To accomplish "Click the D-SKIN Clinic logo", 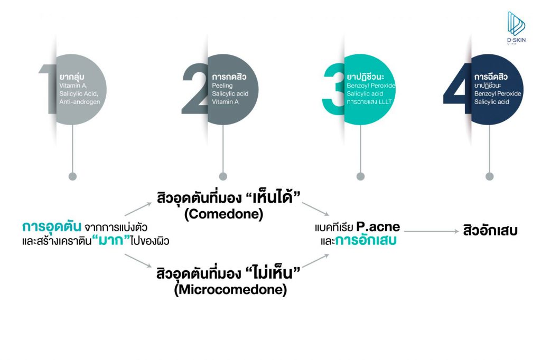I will click(516, 29).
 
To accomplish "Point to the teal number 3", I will click(334, 90).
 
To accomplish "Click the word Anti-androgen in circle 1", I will click(80, 101).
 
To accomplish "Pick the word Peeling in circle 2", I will click(222, 86).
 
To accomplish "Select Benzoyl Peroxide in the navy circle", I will click(498, 93).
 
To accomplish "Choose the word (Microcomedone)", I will click(231, 290).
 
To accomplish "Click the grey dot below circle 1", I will click(73, 176).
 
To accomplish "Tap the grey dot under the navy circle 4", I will click(489, 176).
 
